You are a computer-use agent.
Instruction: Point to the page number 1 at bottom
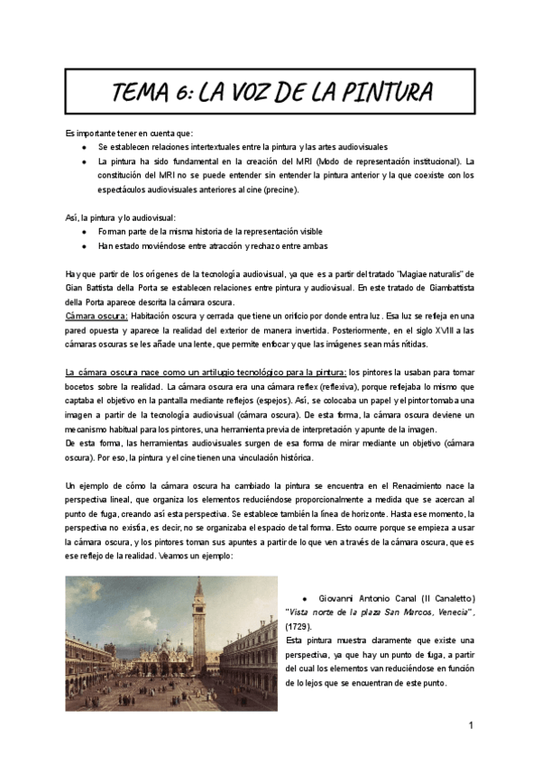tap(471, 725)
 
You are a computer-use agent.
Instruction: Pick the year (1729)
tap(298, 625)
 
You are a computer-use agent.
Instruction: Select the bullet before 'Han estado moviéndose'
tap(84, 246)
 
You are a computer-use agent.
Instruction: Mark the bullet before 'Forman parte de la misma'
tap(84, 232)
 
